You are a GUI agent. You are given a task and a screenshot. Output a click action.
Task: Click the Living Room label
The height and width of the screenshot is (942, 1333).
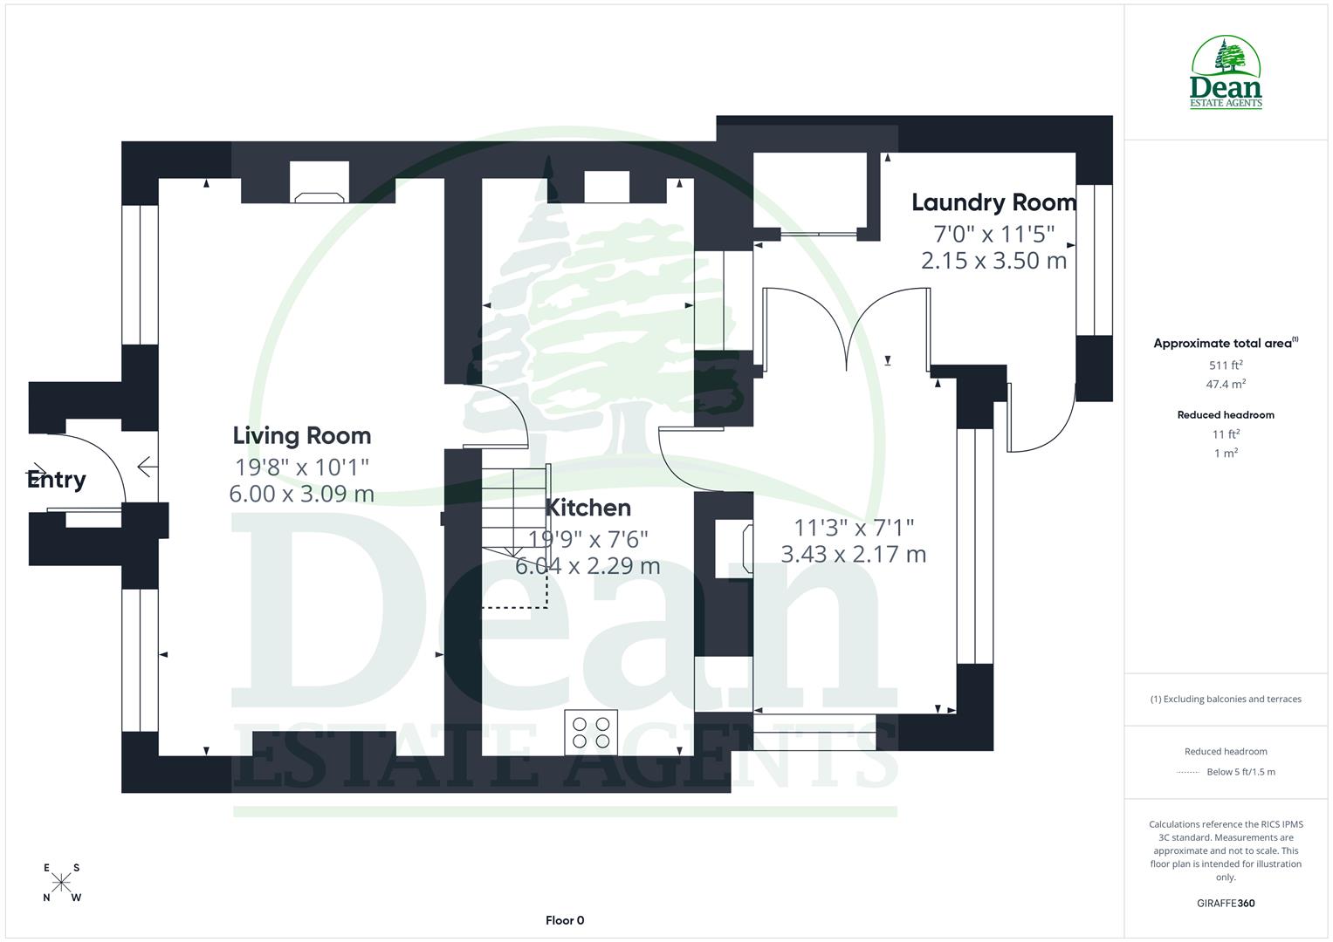[x=301, y=435]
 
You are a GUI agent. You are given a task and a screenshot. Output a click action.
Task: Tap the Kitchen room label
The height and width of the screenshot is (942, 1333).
[x=587, y=508]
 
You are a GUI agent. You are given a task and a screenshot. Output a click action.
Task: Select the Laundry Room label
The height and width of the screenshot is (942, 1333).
[x=993, y=202]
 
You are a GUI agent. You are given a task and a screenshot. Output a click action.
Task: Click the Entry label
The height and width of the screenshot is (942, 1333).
[x=57, y=479]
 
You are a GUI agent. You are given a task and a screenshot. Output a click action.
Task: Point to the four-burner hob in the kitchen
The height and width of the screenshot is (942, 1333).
[x=591, y=733]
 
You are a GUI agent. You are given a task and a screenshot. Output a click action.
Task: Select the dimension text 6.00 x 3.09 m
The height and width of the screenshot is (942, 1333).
[x=301, y=494]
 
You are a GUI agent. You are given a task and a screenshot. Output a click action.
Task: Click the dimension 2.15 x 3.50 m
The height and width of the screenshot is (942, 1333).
[x=993, y=260]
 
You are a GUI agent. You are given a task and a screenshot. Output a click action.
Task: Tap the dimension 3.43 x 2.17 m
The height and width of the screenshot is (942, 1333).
[x=853, y=554]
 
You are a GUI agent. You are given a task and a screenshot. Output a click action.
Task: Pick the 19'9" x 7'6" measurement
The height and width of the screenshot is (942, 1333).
[x=587, y=539]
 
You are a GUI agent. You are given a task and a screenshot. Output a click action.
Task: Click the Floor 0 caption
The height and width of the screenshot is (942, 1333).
[x=564, y=920]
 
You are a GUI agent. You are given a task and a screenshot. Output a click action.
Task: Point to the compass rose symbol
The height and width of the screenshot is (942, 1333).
[x=61, y=883]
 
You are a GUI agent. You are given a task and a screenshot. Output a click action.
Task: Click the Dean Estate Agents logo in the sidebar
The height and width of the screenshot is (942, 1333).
[x=1226, y=72]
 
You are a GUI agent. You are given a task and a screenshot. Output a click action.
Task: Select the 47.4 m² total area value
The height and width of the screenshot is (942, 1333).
[x=1226, y=384]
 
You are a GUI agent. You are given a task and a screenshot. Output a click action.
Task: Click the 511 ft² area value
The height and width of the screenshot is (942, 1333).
[x=1226, y=365]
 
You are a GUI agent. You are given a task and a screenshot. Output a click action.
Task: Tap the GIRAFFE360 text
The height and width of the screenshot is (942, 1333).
[x=1226, y=903]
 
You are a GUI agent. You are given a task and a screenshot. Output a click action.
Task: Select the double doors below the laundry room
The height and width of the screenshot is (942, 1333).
[x=846, y=330]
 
